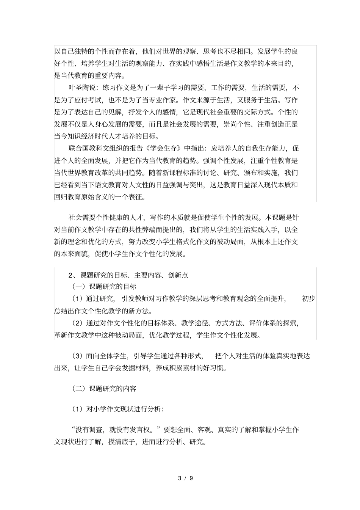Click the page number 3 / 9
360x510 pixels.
[x=186, y=478]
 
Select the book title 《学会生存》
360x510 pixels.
[x=164, y=148]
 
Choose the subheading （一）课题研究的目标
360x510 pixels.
[x=104, y=287]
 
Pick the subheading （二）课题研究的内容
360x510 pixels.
[x=104, y=388]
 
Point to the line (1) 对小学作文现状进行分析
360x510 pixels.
[x=117, y=409]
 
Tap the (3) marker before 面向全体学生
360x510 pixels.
[x=77, y=356]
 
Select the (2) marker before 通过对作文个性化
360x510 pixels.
[x=77, y=323]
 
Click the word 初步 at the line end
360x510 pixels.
[x=308, y=299]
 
